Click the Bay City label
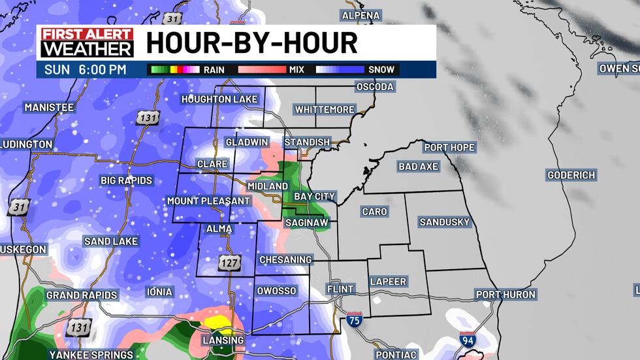[x=314, y=196]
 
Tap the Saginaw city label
[x=306, y=223]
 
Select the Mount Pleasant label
[x=208, y=201]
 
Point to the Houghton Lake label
[x=220, y=99]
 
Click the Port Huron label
[x=505, y=295]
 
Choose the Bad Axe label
[x=418, y=167]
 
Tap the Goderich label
[x=571, y=175]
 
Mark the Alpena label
[x=362, y=15]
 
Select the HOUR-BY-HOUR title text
[x=251, y=42]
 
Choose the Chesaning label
[x=285, y=260]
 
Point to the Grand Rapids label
[x=82, y=295]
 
